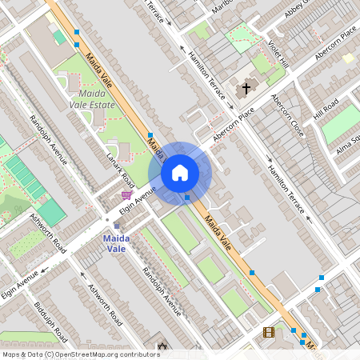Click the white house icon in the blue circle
pyautogui.click(x=180, y=173)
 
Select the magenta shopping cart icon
pyautogui.click(x=126, y=194)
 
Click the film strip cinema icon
pyautogui.click(x=268, y=332)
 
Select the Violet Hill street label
pyautogui.click(x=278, y=54)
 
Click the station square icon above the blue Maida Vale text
pyautogui.click(x=116, y=226)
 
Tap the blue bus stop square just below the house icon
pyautogui.click(x=187, y=197)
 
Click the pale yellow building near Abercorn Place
pyautogui.click(x=348, y=58)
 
